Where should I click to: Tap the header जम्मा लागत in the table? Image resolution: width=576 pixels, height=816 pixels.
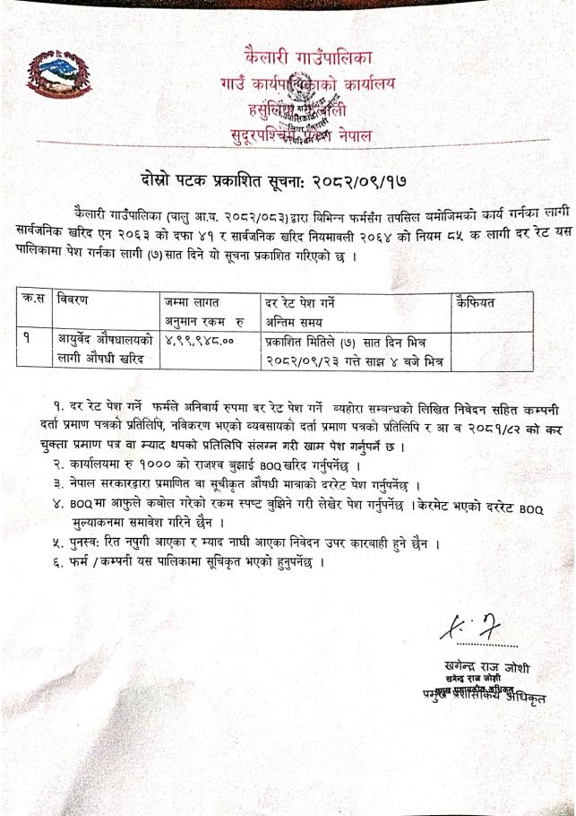click(x=194, y=302)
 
